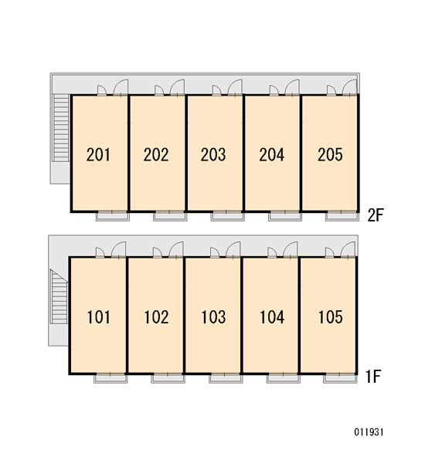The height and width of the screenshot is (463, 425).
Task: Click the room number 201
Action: coord(98,155)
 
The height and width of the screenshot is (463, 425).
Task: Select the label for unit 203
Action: coord(213,155)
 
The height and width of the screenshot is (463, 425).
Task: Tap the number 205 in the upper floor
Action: coord(330,155)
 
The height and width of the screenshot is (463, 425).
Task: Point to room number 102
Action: coord(156,317)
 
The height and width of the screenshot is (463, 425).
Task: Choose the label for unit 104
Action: coord(272,317)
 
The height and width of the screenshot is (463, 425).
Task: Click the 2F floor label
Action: coord(376,215)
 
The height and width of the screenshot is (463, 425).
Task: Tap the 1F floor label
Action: coord(373,377)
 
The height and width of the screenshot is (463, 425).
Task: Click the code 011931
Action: coord(369,432)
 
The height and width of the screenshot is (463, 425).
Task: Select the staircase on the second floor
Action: coord(61,127)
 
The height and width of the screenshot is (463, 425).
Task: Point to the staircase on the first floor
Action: coord(59,297)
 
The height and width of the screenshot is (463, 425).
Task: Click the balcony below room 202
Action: coord(170,216)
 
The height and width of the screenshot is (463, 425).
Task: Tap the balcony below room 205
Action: coord(342,216)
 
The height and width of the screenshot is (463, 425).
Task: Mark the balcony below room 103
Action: coord(226,379)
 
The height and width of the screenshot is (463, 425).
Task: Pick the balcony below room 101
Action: coord(110,379)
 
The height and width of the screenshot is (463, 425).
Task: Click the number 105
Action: coord(331,317)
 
